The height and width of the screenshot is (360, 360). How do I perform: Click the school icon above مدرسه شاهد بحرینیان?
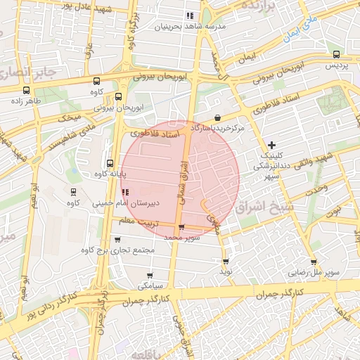click(189, 15)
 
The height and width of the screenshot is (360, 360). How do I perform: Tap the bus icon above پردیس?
click(336, 54)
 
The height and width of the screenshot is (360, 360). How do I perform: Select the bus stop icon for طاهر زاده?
click(27, 90)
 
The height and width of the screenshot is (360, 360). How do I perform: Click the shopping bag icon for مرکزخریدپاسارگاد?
click(217, 118)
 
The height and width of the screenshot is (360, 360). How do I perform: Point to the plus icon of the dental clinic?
click(272, 144)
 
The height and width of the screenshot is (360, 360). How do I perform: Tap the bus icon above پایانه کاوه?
click(109, 163)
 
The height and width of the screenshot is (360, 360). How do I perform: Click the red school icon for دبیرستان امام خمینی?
click(125, 191)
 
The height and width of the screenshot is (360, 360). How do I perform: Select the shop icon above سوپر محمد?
click(182, 227)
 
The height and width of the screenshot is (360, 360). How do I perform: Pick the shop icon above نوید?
click(226, 262)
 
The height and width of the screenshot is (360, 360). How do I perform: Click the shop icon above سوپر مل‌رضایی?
click(314, 262)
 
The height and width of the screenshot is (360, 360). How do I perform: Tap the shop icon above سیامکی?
click(150, 276)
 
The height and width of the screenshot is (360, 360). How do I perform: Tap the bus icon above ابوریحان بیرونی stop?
click(118, 97)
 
